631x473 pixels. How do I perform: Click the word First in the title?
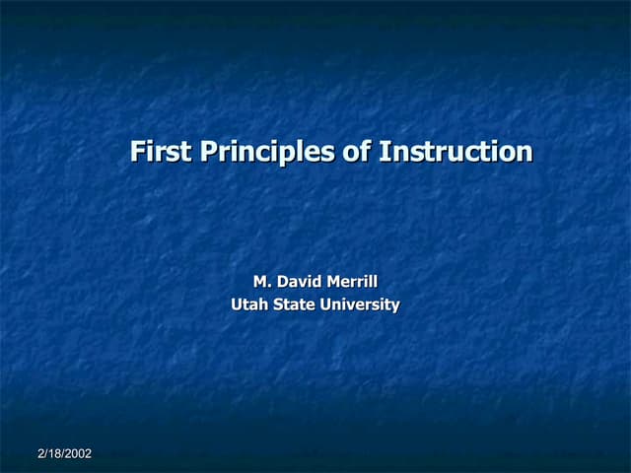(x=162, y=152)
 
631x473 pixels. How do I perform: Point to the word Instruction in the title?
(x=456, y=152)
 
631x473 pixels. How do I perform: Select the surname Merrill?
(x=353, y=284)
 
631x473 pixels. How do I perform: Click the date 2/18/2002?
(x=64, y=453)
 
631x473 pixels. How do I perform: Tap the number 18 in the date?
(x=53, y=453)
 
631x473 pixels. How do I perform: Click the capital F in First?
(x=138, y=152)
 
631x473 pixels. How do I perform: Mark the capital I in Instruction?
(x=383, y=152)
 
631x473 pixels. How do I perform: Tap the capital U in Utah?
(x=237, y=304)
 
